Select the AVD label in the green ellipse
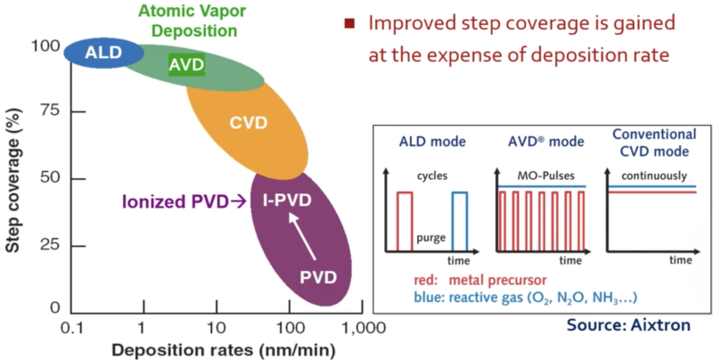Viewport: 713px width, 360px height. pyautogui.click(x=186, y=64)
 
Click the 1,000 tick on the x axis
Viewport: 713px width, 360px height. pyautogui.click(x=361, y=328)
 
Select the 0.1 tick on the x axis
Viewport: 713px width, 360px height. pyautogui.click(x=70, y=328)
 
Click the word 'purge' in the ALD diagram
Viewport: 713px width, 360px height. pyautogui.click(x=430, y=240)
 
